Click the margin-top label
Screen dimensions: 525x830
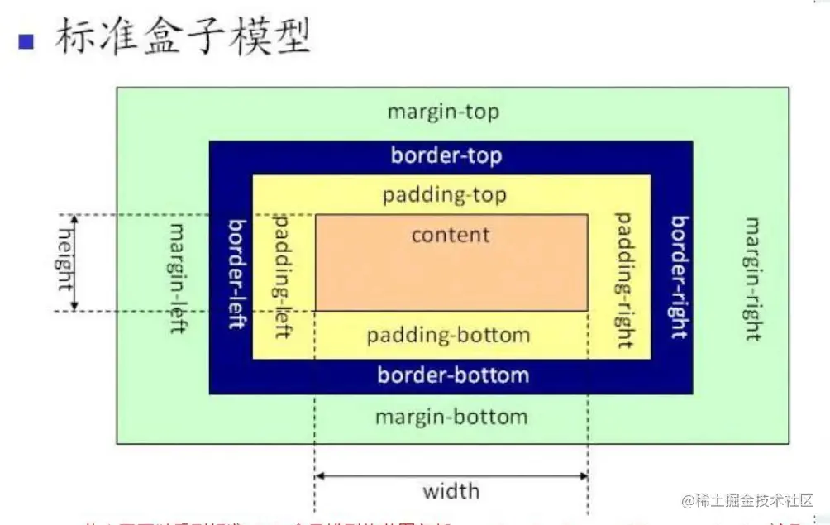click(x=444, y=112)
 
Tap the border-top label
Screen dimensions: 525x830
click(x=446, y=155)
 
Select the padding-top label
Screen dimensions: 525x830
click(x=445, y=196)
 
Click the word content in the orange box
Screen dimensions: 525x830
click(x=451, y=235)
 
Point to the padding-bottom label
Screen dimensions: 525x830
click(x=448, y=336)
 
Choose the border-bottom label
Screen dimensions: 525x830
click(x=453, y=375)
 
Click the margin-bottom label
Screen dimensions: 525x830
click(x=451, y=416)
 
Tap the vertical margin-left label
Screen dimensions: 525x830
click(x=177, y=277)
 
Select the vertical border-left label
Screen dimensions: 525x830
click(x=236, y=274)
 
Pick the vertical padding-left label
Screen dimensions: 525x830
click(x=282, y=275)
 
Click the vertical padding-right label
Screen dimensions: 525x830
click(x=624, y=279)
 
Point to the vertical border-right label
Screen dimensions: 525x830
click(x=680, y=277)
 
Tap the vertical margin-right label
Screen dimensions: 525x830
click(x=752, y=279)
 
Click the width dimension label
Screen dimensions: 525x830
click(x=451, y=491)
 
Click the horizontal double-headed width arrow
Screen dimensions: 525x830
click(x=451, y=475)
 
